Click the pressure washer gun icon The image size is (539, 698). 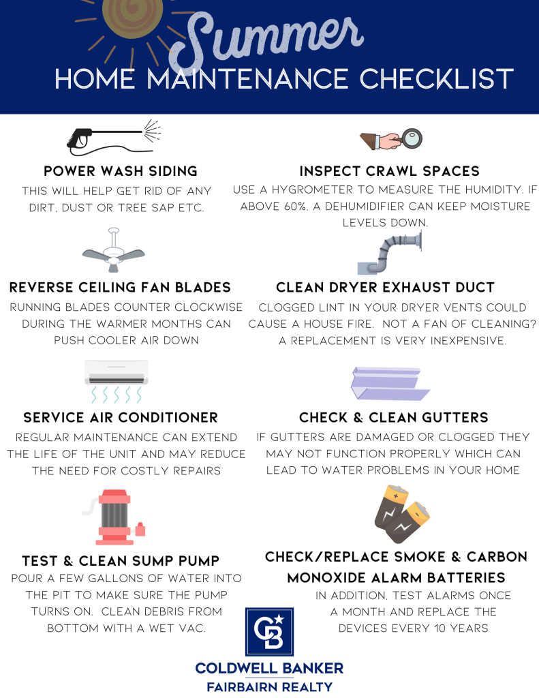[x=114, y=137]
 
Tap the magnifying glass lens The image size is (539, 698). [x=412, y=138]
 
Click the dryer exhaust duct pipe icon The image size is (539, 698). [x=390, y=252]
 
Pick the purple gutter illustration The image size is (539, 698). [x=390, y=383]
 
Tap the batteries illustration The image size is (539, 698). [x=402, y=514]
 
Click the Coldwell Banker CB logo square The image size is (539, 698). [x=269, y=632]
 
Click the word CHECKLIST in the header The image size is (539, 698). [x=437, y=79]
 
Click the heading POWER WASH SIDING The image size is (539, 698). [x=121, y=171]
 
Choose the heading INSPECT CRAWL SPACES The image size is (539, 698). [x=390, y=171]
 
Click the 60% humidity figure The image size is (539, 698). [x=295, y=207]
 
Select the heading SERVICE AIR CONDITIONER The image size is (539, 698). [x=121, y=418]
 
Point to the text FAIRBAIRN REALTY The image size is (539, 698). [x=270, y=687]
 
